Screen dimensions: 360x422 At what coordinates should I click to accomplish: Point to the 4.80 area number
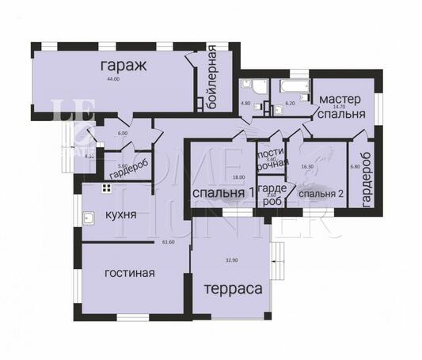245,103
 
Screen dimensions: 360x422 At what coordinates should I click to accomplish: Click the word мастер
340,98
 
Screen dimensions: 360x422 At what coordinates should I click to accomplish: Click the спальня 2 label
321,193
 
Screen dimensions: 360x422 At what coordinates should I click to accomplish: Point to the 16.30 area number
307,167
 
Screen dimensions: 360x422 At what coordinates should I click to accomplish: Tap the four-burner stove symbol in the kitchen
105,188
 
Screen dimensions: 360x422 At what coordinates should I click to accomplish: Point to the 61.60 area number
167,242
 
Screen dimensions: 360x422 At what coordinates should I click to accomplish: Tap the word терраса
234,290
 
